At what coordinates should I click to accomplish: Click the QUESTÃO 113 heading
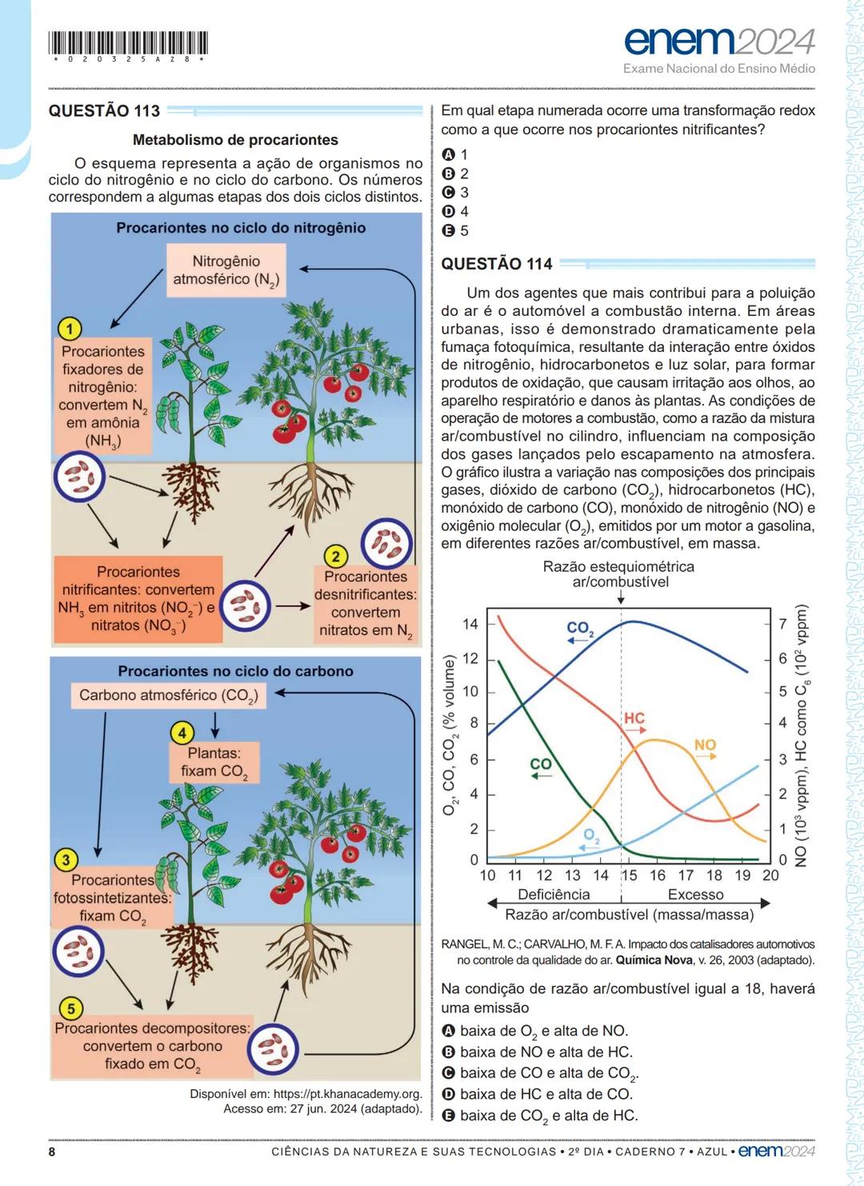[104, 111]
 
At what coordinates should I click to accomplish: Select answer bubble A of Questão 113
[449, 154]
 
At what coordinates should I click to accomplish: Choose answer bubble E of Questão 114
[449, 1116]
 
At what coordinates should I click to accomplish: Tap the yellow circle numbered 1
[70, 329]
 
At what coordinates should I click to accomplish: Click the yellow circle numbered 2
[336, 557]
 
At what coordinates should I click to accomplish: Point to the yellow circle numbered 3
[66, 861]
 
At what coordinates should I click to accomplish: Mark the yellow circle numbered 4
[182, 733]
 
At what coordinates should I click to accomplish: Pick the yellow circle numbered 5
[71, 1008]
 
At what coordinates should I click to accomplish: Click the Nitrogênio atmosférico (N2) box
[226, 270]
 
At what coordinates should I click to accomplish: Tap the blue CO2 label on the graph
[580, 629]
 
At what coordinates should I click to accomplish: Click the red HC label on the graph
[634, 718]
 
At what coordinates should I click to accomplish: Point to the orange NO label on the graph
[705, 745]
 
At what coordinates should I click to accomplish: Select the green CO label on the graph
[541, 765]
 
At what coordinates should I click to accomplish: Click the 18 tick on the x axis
[714, 876]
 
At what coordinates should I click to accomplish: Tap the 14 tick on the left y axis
[470, 624]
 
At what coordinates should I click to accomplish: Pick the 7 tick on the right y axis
[783, 624]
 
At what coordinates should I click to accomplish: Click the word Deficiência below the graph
[554, 895]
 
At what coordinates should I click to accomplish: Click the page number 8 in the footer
[52, 1152]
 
